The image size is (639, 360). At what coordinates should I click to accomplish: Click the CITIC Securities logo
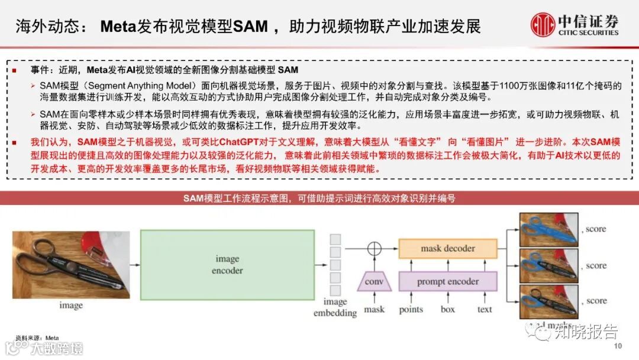click(575, 25)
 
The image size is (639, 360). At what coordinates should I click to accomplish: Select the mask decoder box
click(447, 249)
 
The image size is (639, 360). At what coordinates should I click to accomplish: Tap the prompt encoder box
click(447, 281)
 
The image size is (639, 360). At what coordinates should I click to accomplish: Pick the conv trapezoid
click(374, 281)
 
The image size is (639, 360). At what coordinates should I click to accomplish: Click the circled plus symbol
click(373, 249)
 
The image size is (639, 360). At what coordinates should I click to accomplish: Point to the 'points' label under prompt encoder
click(411, 309)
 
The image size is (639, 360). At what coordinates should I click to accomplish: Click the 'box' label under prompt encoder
click(448, 309)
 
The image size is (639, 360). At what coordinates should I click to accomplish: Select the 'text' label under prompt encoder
click(484, 309)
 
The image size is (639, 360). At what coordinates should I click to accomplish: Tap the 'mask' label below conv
click(374, 309)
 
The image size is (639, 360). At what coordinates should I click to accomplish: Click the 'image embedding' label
click(334, 307)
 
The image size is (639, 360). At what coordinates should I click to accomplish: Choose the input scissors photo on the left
click(70, 264)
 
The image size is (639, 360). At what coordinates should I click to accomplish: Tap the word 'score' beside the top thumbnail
click(596, 229)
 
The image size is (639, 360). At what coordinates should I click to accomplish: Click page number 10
click(619, 346)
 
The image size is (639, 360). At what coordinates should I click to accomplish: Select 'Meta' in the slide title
click(119, 27)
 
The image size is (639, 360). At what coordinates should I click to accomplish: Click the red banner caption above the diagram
click(319, 198)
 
